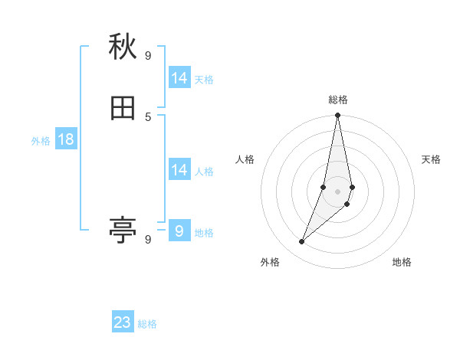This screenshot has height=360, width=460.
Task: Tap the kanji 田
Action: coord(123,109)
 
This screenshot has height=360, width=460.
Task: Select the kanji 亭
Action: coord(123,229)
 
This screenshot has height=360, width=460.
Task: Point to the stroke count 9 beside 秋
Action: coord(148,55)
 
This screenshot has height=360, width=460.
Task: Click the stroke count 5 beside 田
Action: coord(148,116)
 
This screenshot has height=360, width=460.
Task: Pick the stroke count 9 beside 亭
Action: coord(148,239)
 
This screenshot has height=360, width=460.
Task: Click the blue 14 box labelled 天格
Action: coord(179,78)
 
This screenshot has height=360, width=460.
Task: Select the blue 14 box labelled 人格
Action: coord(179,170)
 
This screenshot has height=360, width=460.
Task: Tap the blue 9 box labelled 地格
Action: coord(179,231)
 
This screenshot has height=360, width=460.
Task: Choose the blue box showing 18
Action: coord(66,139)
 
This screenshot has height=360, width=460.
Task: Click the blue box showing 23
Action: coord(123,322)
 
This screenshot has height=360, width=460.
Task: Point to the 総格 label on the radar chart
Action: coord(338,100)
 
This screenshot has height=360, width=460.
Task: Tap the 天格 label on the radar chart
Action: coord(431,159)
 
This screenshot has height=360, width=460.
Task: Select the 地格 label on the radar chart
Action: coord(402,262)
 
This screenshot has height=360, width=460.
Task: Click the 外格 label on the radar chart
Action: coord(270,262)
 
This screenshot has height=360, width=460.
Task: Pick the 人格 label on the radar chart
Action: coord(245,159)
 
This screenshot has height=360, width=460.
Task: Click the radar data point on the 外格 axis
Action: coord(301,242)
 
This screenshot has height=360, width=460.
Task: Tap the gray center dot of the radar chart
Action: coord(338,191)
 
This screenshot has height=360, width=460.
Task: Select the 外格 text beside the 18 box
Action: coord(41,140)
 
